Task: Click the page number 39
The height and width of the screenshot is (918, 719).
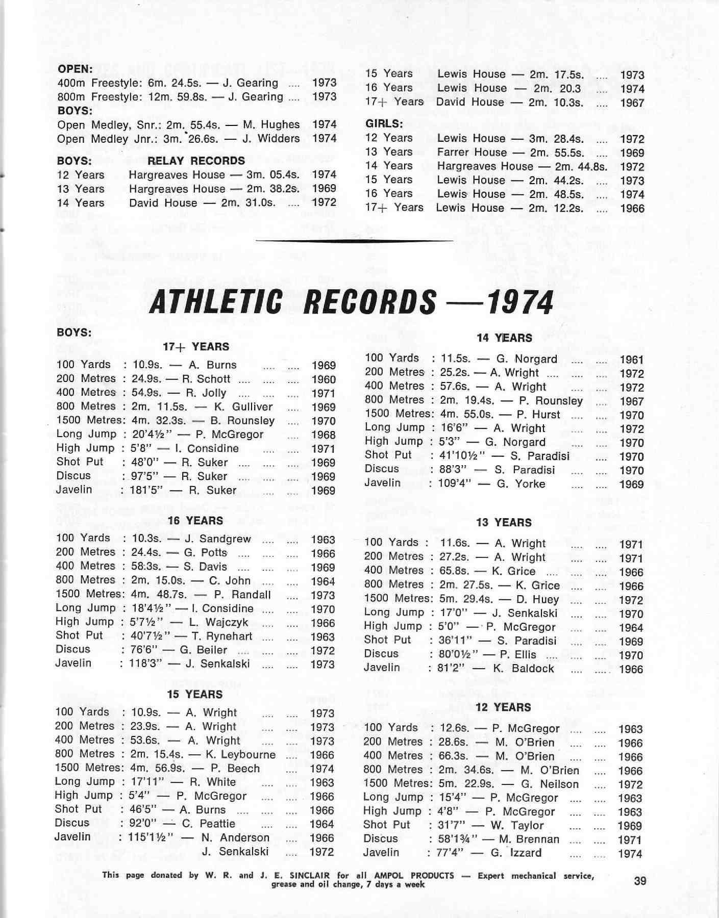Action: (639, 881)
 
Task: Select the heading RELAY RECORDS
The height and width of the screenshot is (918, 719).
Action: (196, 161)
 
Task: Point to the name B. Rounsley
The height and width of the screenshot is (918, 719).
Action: (242, 421)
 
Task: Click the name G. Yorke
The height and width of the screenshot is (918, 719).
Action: (520, 483)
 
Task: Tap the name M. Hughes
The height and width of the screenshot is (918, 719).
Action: (271, 124)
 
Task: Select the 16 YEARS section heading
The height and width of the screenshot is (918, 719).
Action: (195, 521)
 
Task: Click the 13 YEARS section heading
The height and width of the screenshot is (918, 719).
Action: (503, 523)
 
